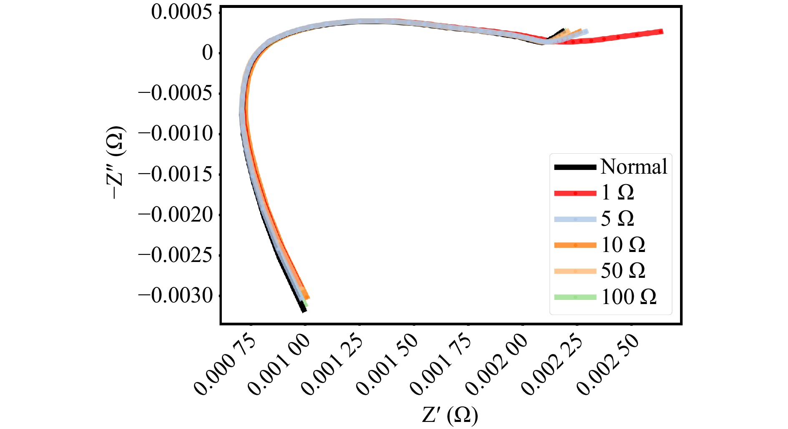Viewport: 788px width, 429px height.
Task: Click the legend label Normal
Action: click(634, 167)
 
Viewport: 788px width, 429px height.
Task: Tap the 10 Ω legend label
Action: click(623, 245)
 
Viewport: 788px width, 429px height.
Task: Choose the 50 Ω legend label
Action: click(623, 271)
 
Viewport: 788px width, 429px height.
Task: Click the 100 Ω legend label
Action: click(629, 297)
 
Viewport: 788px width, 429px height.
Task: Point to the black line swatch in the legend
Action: click(575, 167)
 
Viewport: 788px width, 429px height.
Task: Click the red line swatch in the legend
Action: click(575, 193)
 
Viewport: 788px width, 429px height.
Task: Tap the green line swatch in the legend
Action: click(575, 297)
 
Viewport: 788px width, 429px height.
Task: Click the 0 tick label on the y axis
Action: click(208, 53)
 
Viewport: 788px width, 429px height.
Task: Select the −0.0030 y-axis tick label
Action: click(175, 296)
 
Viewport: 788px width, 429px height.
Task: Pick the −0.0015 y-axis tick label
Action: click(175, 174)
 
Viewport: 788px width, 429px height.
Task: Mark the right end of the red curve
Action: click(661, 32)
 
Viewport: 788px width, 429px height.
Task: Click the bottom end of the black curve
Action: click(304, 310)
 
